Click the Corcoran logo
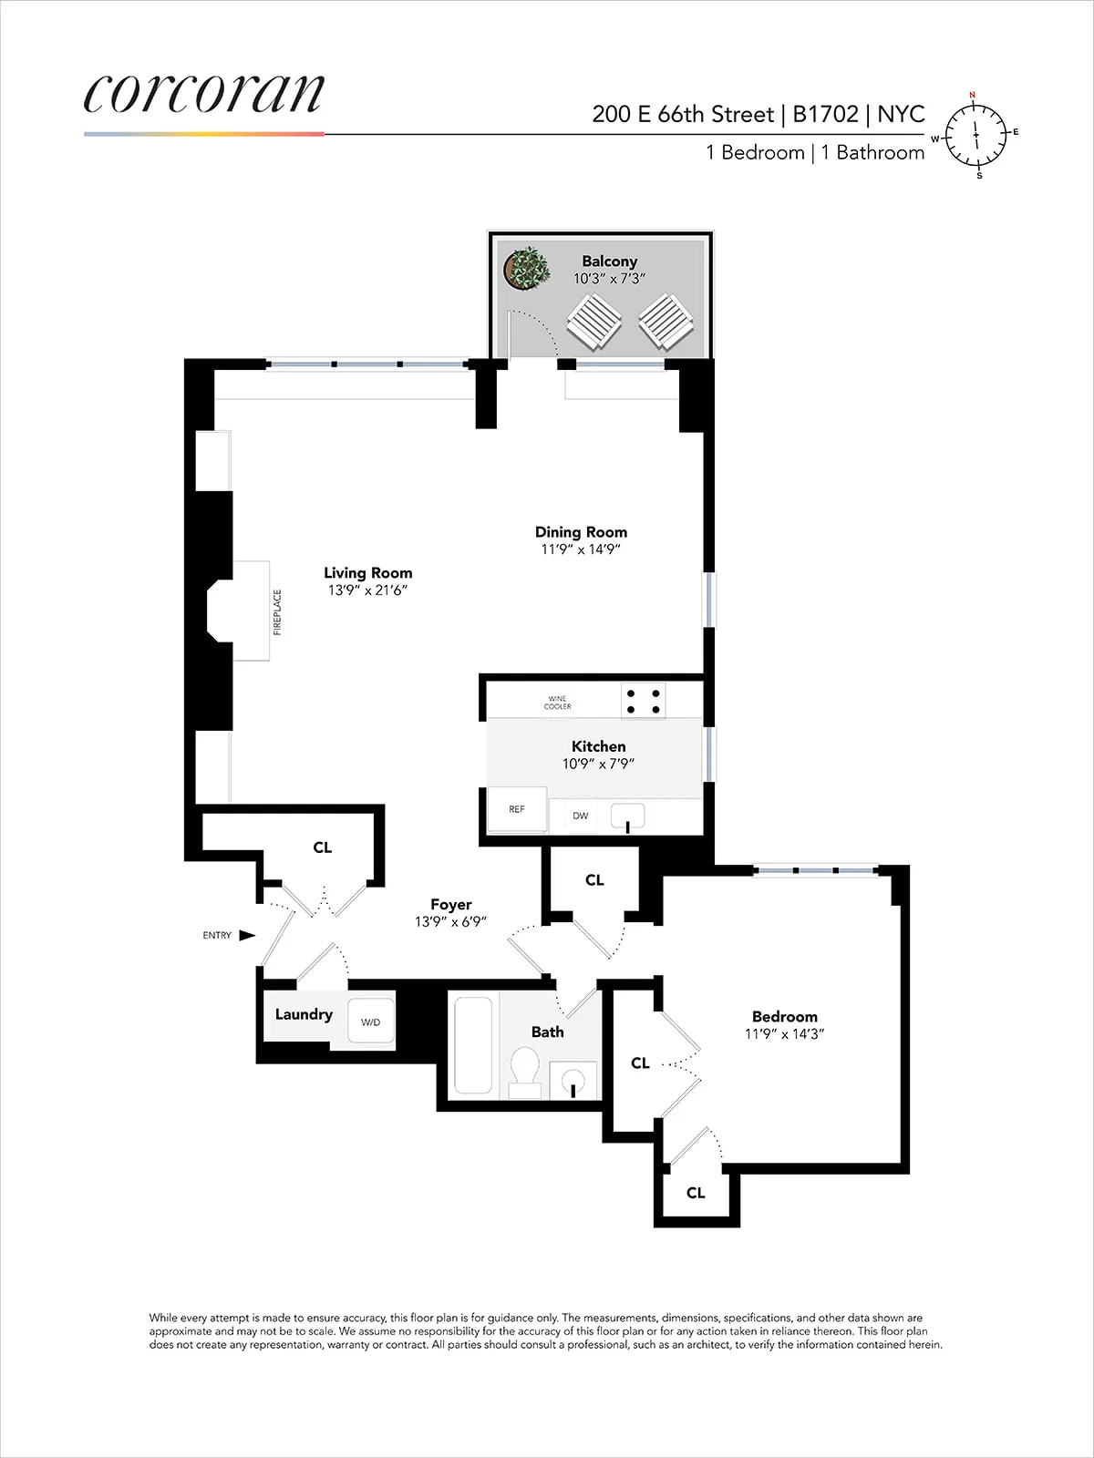(203, 94)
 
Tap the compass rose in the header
(975, 135)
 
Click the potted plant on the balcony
(526, 269)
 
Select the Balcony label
(609, 262)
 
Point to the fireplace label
(277, 611)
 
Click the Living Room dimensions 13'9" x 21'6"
(367, 590)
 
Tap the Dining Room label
(581, 532)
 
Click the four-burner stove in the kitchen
(643, 701)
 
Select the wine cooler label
(557, 703)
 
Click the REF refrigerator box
(517, 809)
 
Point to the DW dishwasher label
(581, 816)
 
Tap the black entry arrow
(246, 935)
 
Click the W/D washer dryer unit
(370, 1022)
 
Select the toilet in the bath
(524, 1072)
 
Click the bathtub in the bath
(473, 1045)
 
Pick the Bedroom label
(784, 1016)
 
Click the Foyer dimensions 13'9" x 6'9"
(450, 922)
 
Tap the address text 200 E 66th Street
(682, 114)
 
